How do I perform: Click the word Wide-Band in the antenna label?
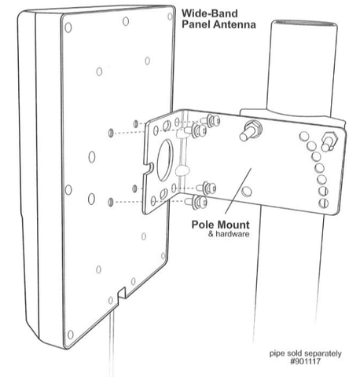[210, 13]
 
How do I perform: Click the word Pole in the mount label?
[204, 225]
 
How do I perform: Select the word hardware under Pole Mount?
[232, 234]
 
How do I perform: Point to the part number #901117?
[305, 361]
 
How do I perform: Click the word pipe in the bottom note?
[276, 353]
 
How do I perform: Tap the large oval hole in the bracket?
[164, 160]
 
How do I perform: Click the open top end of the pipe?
[303, 24]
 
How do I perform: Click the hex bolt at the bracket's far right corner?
[330, 141]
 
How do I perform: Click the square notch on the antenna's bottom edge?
[122, 295]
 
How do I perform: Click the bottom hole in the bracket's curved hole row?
[323, 203]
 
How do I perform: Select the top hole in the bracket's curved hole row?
[304, 136]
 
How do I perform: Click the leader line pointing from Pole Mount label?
[237, 191]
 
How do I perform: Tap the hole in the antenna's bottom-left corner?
[70, 335]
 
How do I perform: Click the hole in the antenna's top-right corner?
[170, 16]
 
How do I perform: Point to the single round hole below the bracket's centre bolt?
[246, 192]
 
